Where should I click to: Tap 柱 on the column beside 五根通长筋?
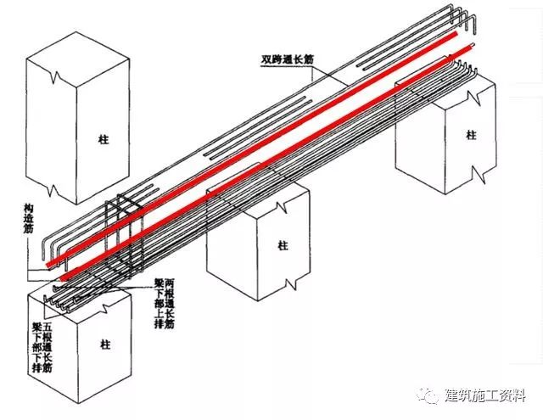pyautogui.click(x=105, y=344)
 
